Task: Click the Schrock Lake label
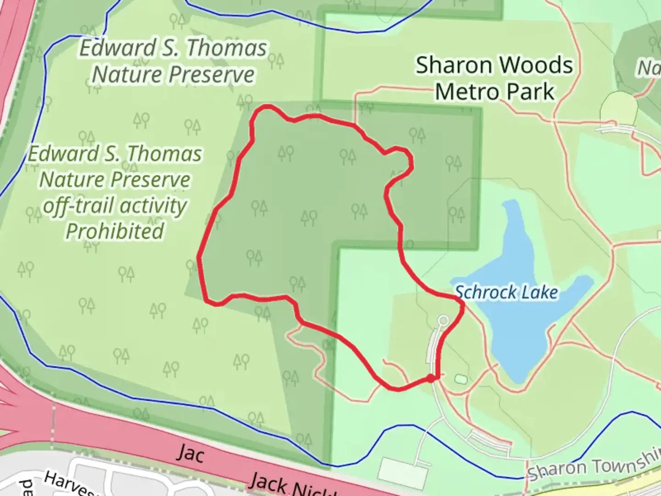pyautogui.click(x=506, y=293)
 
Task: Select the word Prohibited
pyautogui.click(x=115, y=231)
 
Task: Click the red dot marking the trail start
pyautogui.click(x=431, y=378)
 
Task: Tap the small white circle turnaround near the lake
pyautogui.click(x=443, y=320)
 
